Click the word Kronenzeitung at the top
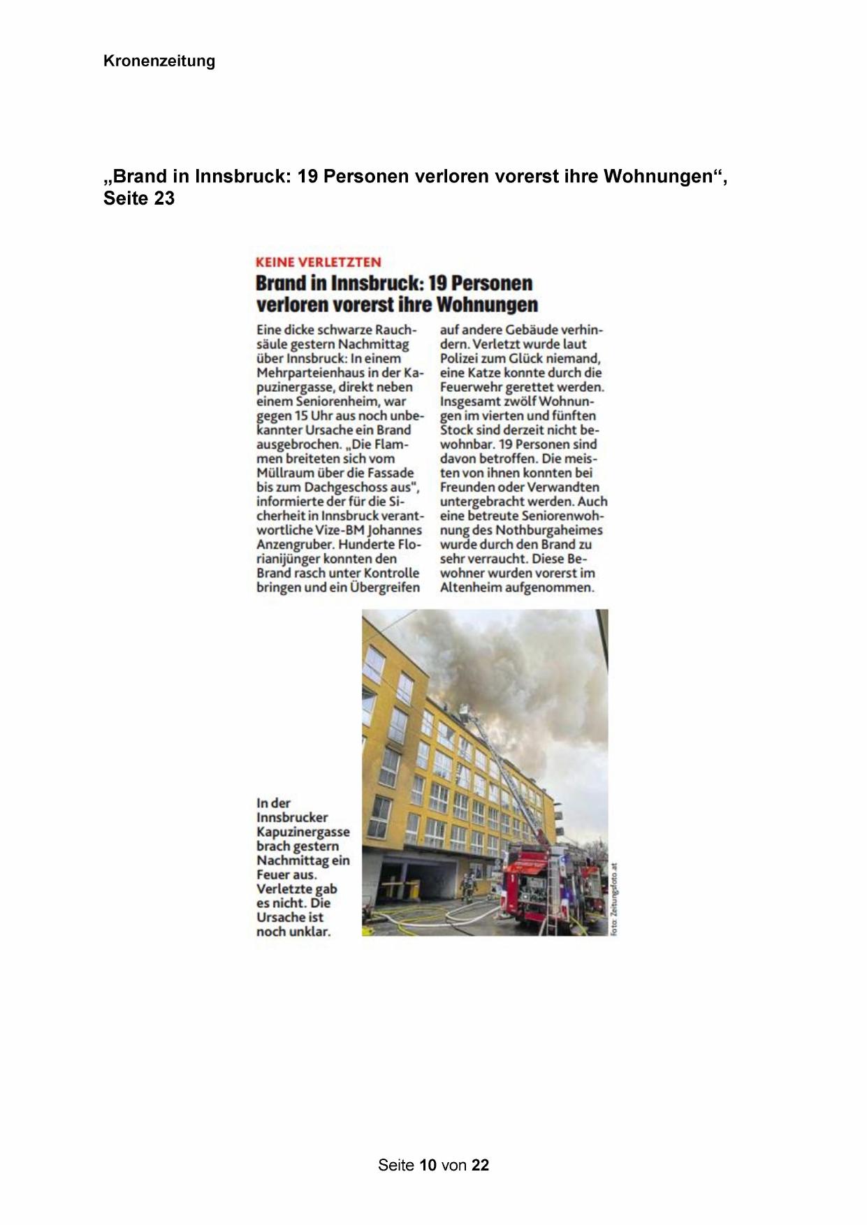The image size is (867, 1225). point(159,61)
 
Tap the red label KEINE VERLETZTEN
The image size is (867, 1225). point(318,263)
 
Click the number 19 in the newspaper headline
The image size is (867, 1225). point(437,284)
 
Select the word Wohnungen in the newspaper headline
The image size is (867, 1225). point(487,305)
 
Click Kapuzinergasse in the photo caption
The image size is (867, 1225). point(303,832)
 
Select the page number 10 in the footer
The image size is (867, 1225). point(428,1165)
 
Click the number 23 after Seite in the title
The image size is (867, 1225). point(164,199)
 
